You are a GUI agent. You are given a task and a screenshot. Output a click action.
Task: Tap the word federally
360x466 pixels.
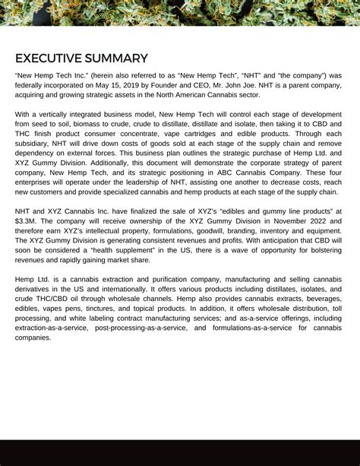[31, 86]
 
